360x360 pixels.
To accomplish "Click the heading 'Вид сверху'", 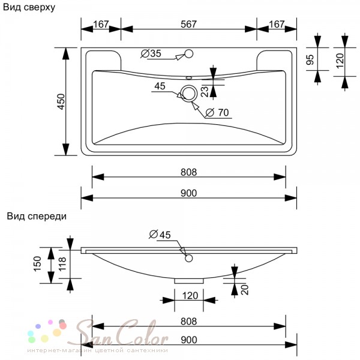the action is [x=29, y=8].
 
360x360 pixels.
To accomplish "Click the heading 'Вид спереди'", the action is [x=37, y=217].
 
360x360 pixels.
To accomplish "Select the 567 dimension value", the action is [x=188, y=25].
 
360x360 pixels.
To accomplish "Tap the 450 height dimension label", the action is [x=61, y=101].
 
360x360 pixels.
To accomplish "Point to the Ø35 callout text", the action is [x=151, y=54].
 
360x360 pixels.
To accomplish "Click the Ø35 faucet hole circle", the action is [x=189, y=54].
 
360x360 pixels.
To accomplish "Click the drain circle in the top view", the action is [x=189, y=94].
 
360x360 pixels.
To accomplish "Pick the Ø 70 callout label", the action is [x=217, y=113].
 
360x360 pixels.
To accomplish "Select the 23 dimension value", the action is [x=205, y=91].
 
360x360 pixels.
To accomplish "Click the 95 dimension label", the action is [x=310, y=59].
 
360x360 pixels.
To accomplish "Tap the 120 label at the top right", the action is [x=340, y=61].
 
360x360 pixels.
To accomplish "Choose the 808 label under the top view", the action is [x=189, y=172].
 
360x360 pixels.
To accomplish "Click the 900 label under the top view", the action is [x=189, y=193].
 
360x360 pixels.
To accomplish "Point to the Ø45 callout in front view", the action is [x=160, y=235].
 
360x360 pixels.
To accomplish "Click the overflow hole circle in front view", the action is [x=189, y=258].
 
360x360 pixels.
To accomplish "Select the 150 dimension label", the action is [x=37, y=264].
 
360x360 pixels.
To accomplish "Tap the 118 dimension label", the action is [x=62, y=264].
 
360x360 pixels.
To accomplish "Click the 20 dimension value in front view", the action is [x=245, y=290].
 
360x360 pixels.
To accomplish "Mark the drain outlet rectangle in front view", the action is [x=189, y=281].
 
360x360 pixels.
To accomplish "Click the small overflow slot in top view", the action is [x=189, y=78].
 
